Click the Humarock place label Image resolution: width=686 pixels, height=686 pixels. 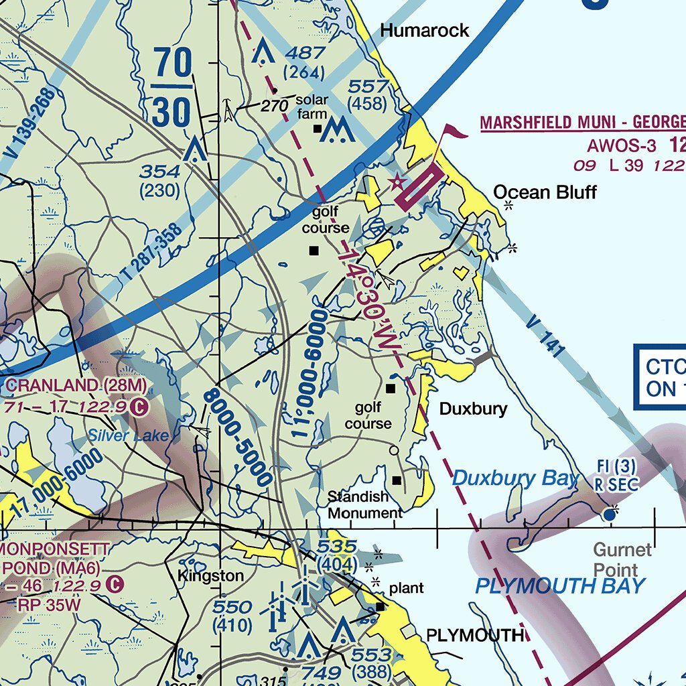pyautogui.click(x=425, y=31)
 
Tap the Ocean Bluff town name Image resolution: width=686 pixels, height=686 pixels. pyautogui.click(x=545, y=193)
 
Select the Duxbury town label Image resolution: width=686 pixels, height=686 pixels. pyautogui.click(x=473, y=409)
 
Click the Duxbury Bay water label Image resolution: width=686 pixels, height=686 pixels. pyautogui.click(x=514, y=478)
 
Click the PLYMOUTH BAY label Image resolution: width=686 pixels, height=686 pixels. pyautogui.click(x=560, y=586)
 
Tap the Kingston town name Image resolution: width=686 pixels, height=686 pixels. pyautogui.click(x=210, y=576)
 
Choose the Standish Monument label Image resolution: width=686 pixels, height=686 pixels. pyautogui.click(x=365, y=505)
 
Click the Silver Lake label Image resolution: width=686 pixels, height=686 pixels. pyautogui.click(x=128, y=436)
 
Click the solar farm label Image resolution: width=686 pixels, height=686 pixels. pyautogui.click(x=312, y=107)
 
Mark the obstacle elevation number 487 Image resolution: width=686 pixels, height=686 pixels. pyautogui.click(x=303, y=53)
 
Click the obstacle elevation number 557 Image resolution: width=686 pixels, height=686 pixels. pyautogui.click(x=368, y=86)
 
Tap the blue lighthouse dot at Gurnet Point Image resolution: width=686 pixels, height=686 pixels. pyautogui.click(x=609, y=514)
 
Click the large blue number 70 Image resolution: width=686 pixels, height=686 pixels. pyautogui.click(x=174, y=65)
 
